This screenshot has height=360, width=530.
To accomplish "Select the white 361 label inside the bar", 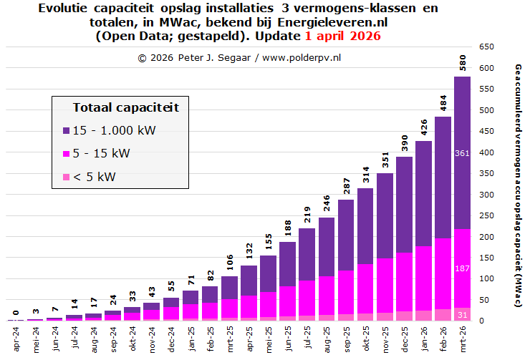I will pyautogui.click(x=462, y=153).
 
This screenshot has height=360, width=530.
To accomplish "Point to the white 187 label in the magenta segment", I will pyautogui.click(x=462, y=268).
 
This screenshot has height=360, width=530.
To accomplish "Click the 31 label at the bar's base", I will pyautogui.click(x=462, y=314).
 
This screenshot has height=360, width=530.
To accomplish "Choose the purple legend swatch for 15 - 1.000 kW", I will pyautogui.click(x=66, y=131).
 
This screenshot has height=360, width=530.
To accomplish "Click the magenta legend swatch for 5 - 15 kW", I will pyautogui.click(x=66, y=154).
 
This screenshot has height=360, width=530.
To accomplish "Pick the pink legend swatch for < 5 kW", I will pyautogui.click(x=66, y=177).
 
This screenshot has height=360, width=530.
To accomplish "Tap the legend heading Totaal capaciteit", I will pyautogui.click(x=125, y=107).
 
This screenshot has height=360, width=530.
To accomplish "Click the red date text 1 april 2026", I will pyautogui.click(x=342, y=36).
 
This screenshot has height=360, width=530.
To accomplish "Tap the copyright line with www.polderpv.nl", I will pyautogui.click(x=239, y=57).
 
